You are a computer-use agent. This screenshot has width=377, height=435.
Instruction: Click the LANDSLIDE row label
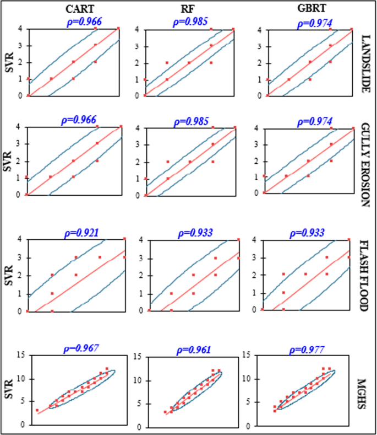pyautogui.click(x=364, y=63)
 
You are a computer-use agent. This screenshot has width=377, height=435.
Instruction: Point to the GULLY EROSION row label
pyautogui.click(x=364, y=165)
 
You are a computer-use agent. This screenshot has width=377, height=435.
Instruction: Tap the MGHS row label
pyautogui.click(x=364, y=391)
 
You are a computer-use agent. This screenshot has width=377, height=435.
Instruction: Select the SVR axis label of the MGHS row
pyautogui.click(x=7, y=390)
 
